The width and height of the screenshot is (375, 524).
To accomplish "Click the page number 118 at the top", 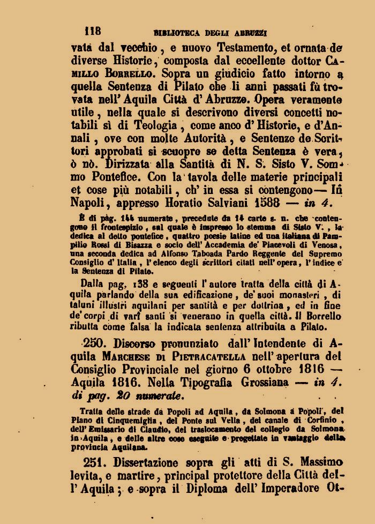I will (x=93, y=30).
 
